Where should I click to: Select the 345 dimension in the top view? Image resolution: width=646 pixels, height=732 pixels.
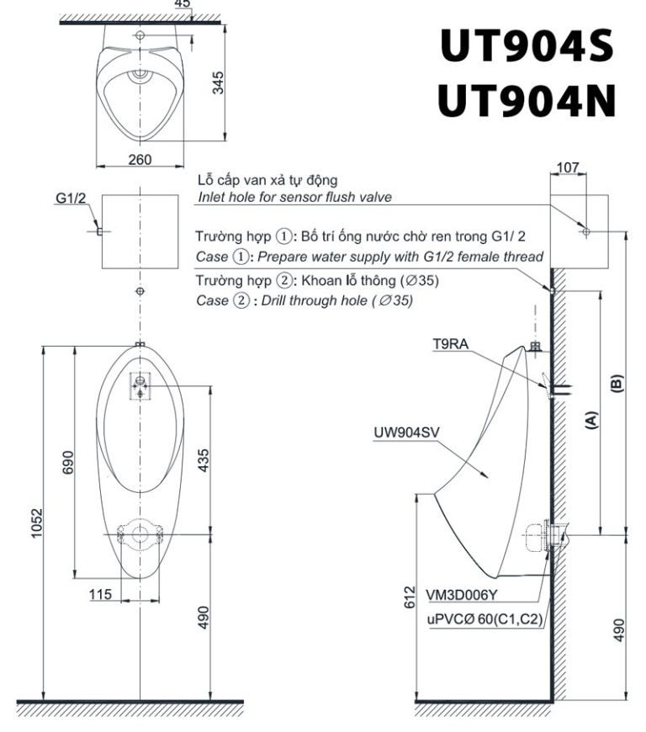pos(218,83)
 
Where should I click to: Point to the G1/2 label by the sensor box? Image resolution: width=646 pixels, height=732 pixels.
pos(71,199)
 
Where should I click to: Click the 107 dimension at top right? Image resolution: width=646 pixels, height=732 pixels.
pos(568,167)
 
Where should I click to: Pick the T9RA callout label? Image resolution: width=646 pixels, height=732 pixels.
pos(450,344)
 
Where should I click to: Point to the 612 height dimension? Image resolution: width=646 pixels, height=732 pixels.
pos(409,597)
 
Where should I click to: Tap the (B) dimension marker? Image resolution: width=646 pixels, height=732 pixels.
pos(617,383)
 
